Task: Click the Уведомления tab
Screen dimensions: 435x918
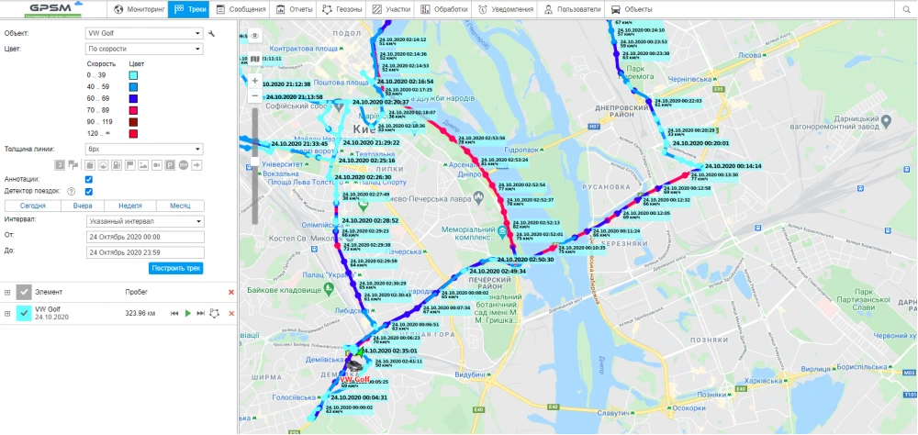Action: tap(504, 9)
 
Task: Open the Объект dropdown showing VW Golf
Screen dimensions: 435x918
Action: tap(144, 34)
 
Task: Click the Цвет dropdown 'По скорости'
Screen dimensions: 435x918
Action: tap(144, 48)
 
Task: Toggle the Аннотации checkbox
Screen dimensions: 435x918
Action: tap(88, 179)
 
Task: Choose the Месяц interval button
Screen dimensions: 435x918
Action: tap(179, 206)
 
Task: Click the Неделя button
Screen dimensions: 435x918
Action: tap(130, 206)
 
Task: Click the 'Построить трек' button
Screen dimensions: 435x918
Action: tap(175, 268)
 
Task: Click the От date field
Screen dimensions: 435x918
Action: tap(144, 237)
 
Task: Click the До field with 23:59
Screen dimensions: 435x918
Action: tap(144, 251)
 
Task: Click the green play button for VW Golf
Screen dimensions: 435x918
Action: tap(187, 313)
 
